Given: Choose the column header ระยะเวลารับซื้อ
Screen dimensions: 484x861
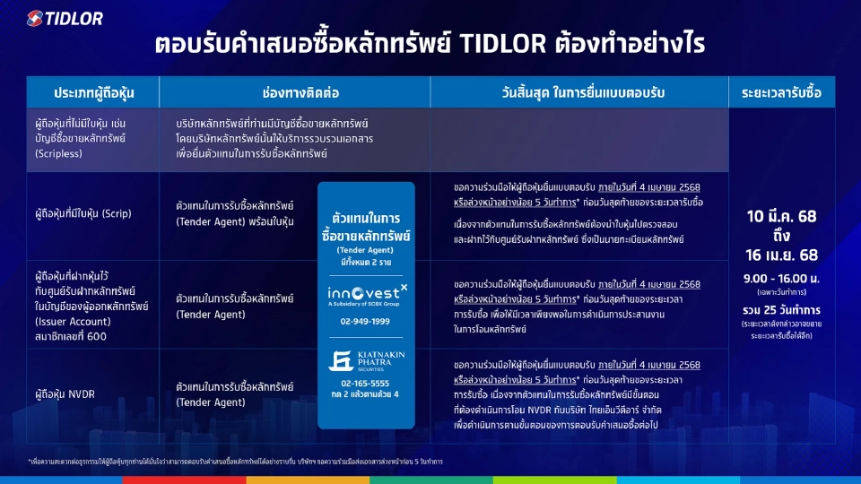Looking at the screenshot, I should coord(781,92).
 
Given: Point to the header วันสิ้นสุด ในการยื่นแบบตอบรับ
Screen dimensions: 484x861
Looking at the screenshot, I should coord(578,92).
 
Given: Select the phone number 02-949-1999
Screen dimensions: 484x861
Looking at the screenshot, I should coord(366,320).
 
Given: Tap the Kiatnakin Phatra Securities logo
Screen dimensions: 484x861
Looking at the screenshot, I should coord(366,360).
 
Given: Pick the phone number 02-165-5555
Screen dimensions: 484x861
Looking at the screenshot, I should coord(366,383).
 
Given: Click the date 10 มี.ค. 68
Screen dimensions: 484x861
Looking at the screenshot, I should coord(781,216).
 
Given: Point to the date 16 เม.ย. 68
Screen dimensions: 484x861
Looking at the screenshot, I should coord(781,255).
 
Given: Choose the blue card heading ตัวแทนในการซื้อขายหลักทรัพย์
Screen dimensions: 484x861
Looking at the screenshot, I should coord(366,227).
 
